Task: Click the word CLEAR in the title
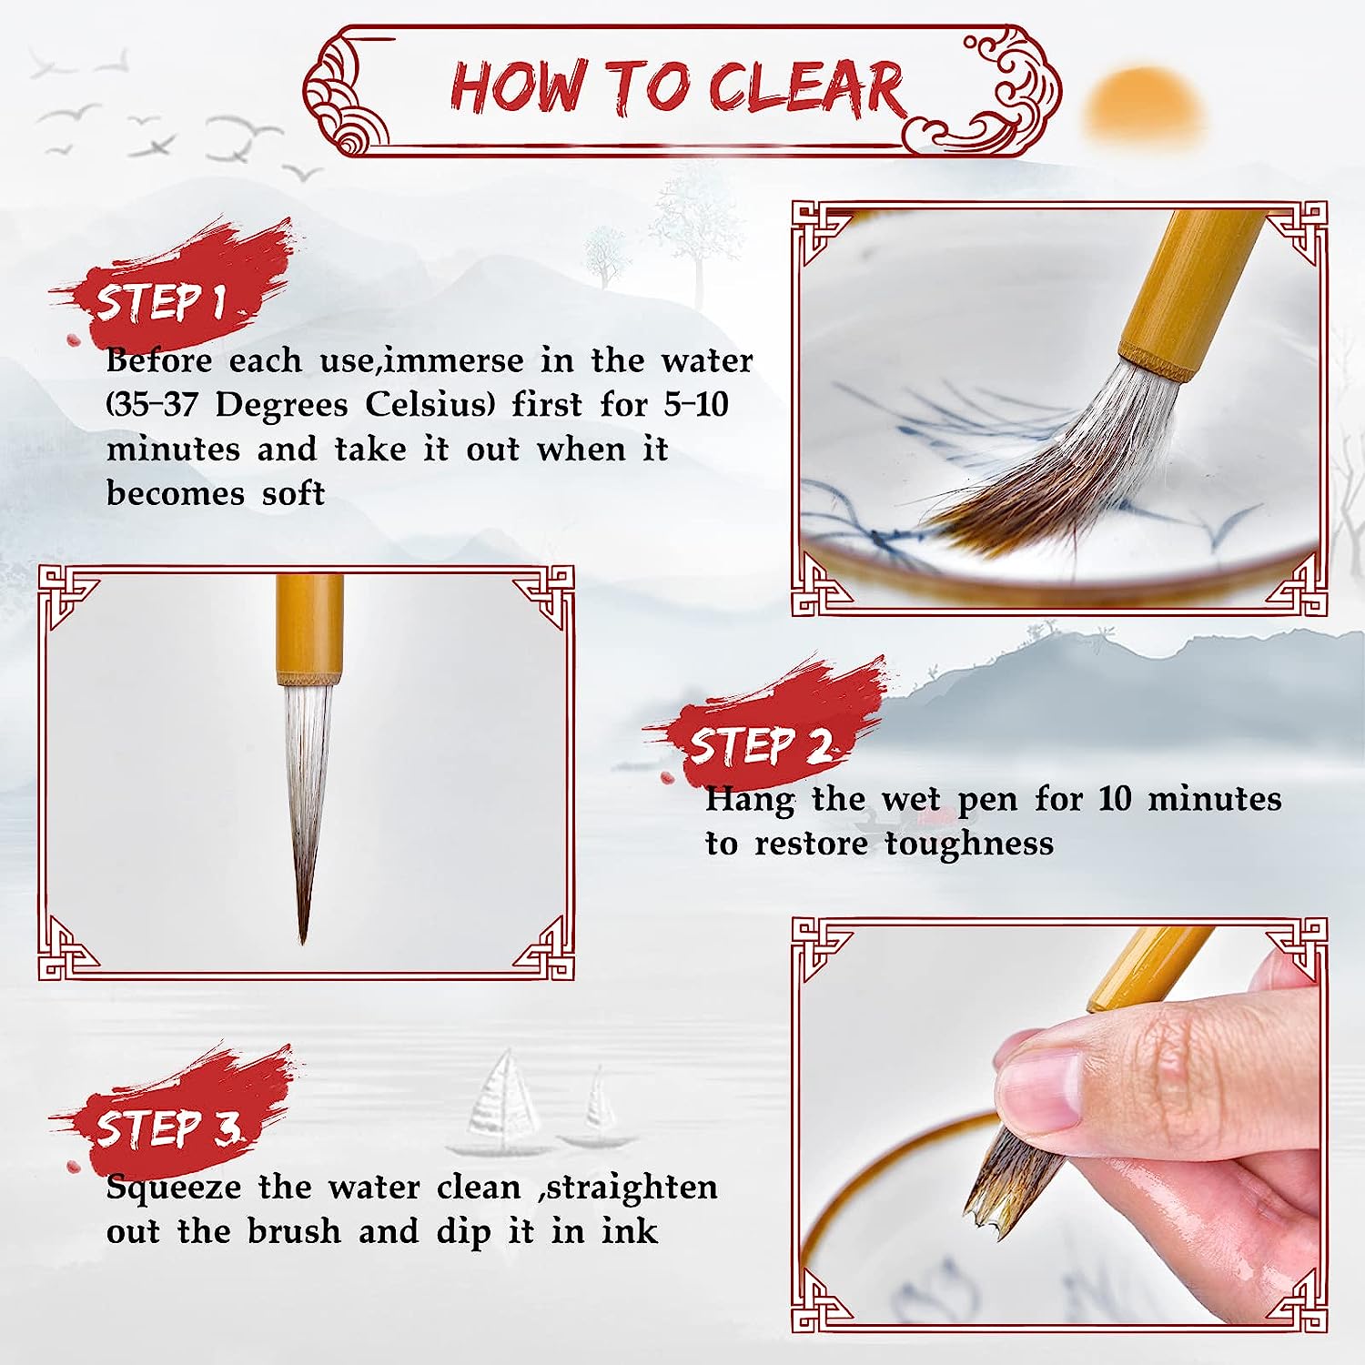pyautogui.click(x=806, y=88)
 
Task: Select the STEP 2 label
pyautogui.click(x=759, y=745)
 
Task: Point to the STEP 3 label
pyautogui.click(x=167, y=1127)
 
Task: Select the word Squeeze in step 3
pyautogui.click(x=174, y=1188)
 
